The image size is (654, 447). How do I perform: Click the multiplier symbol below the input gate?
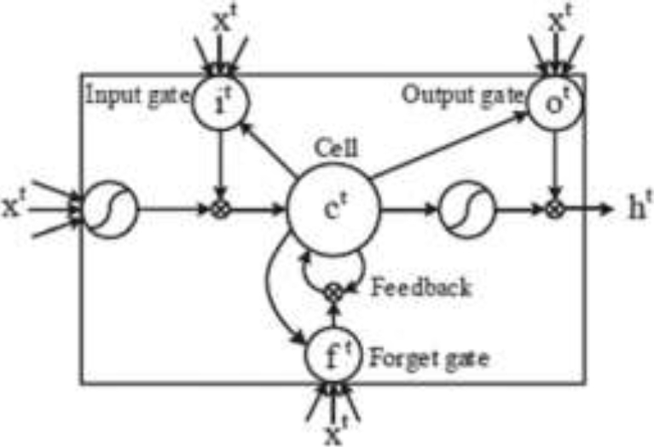click(221, 207)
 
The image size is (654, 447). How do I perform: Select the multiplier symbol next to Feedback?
click(334, 292)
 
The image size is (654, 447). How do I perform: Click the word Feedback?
click(421, 288)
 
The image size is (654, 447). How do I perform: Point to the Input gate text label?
click(137, 91)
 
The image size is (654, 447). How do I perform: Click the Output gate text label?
click(461, 91)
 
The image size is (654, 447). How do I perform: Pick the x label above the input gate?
click(221, 19)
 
